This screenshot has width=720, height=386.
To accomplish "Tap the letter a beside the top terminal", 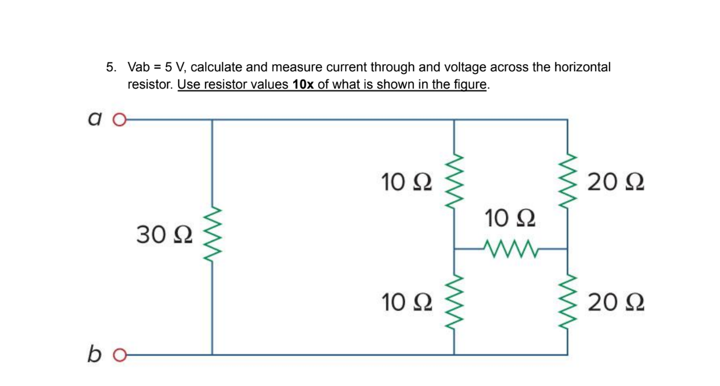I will click(94, 118).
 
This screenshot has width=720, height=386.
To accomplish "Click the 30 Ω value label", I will click(164, 236).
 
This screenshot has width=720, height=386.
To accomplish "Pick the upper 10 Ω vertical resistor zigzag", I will click(455, 183).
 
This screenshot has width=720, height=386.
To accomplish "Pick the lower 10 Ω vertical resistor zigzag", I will click(455, 302).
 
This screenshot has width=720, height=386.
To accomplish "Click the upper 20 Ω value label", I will click(616, 183).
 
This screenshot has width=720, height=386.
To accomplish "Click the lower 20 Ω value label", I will click(616, 303).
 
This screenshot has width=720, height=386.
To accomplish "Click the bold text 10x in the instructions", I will click(303, 85).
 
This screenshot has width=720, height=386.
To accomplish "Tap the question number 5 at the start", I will click(110, 67).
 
